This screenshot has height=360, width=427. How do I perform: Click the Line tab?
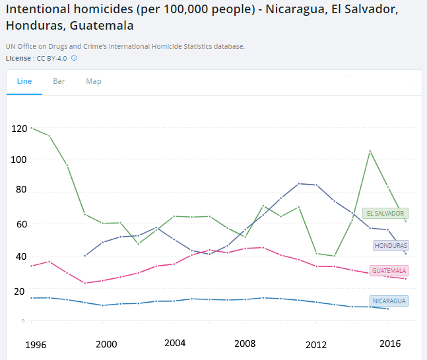24,81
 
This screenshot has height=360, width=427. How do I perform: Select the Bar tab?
59,81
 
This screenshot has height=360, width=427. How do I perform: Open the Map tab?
94,81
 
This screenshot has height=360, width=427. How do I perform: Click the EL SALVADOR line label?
386,213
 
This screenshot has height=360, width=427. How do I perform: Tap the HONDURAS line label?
391,245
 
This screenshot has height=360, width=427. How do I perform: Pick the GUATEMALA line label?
389,270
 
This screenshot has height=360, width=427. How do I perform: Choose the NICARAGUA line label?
389,301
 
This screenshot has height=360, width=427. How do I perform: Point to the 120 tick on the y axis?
19,128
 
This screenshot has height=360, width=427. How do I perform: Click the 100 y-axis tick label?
19,160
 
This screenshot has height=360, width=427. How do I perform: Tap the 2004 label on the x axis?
175,343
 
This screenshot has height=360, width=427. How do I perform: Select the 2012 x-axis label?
316,344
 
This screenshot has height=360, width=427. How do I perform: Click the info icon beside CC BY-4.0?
75,58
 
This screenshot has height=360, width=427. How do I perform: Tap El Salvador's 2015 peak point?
370,151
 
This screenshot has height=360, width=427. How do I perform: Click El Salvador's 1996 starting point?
32,128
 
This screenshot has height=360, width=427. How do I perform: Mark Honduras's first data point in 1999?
84,256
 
